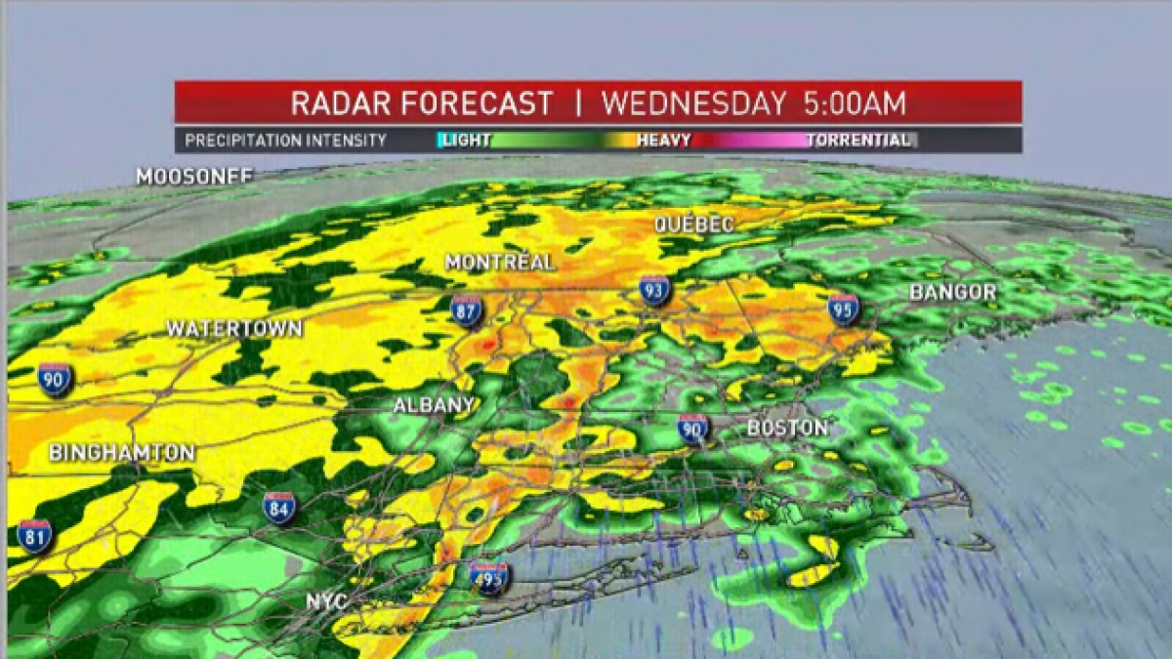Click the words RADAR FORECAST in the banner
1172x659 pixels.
click(422, 103)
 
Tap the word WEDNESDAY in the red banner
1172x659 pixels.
click(693, 103)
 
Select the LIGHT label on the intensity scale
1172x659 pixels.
click(465, 141)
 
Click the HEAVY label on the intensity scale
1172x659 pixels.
click(664, 141)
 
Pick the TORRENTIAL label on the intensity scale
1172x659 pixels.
click(858, 141)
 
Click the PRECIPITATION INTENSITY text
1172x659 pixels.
click(286, 141)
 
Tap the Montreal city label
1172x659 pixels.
click(500, 263)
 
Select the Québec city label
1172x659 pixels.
click(694, 225)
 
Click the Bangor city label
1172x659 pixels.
click(952, 292)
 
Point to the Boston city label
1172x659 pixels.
click(787, 428)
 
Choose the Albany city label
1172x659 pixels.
click(434, 405)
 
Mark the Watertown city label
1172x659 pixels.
click(234, 329)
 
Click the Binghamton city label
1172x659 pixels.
click(122, 453)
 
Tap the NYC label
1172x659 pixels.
click(327, 601)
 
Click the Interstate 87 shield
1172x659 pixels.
click(467, 310)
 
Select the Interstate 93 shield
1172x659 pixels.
click(654, 290)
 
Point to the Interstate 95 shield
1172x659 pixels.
click(843, 309)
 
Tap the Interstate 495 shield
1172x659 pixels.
click(489, 578)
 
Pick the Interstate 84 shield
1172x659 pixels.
click(279, 508)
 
